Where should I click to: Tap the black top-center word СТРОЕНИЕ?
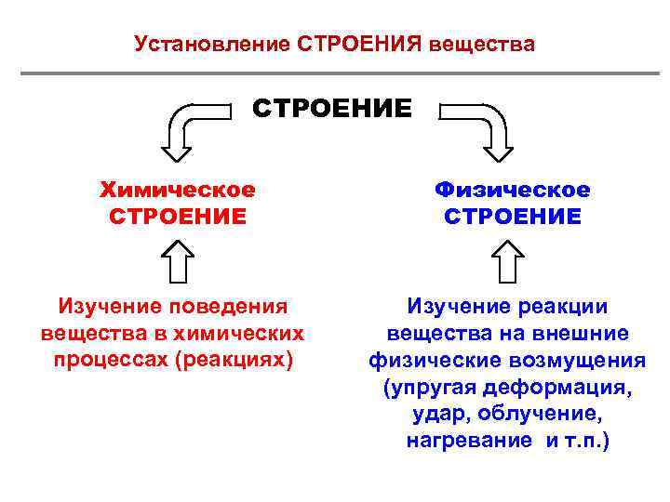click(x=332, y=109)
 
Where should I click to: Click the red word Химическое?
click(x=178, y=190)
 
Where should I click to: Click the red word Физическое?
click(x=513, y=190)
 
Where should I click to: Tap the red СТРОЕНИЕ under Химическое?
click(x=178, y=217)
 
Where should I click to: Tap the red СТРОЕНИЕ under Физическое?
click(x=513, y=217)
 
